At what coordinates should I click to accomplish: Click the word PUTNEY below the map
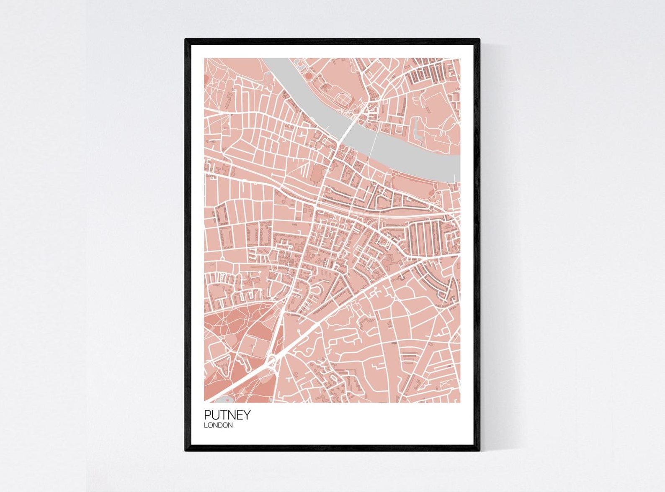227,415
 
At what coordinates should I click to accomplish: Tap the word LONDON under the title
218,425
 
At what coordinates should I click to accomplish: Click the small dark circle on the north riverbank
309,76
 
